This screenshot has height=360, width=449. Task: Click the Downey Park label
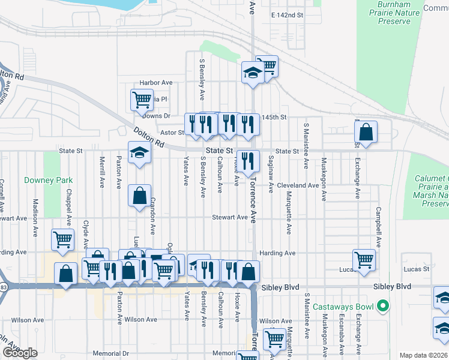coord(48,180)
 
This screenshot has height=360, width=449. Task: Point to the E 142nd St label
coord(288,14)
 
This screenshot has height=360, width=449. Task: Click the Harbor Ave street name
coord(155,83)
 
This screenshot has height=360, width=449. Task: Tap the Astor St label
coord(172,132)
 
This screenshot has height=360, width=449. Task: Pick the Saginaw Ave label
coord(271,175)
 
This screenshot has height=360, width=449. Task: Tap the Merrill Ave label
coord(102,173)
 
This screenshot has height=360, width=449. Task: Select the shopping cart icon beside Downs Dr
coord(141,100)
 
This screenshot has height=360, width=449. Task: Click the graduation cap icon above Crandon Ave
coord(139,152)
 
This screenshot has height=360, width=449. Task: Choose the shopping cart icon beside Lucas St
coord(363,260)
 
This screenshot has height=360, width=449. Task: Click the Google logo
coord(20,353)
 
